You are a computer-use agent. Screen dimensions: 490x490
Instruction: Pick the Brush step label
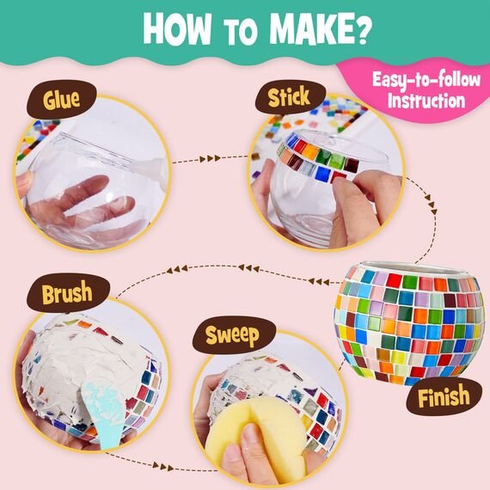coord(66,296)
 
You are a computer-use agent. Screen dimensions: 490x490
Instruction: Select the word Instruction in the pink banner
coord(426,101)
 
